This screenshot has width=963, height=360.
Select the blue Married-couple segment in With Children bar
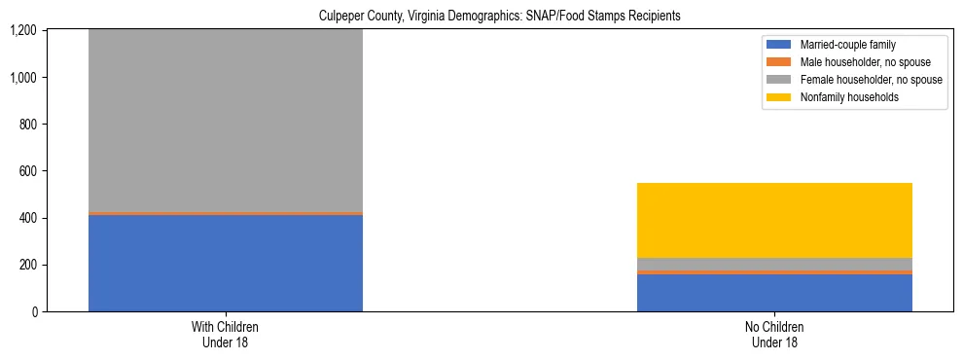(225, 263)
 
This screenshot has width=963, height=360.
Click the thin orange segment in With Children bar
(225, 213)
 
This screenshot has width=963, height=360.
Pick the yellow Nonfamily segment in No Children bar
(774, 220)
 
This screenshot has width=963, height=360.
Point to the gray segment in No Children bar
(774, 264)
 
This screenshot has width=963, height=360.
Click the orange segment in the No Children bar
(774, 272)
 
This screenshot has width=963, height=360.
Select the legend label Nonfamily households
(843, 97)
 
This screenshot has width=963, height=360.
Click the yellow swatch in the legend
(780, 97)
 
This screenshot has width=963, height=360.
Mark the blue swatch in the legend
(780, 45)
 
